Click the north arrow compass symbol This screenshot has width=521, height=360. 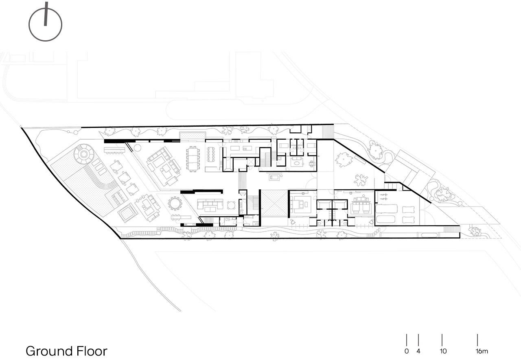click(45, 24)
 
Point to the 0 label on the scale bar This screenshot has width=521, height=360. click(407, 351)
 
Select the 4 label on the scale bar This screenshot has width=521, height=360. click(418, 351)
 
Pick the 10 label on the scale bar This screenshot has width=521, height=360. click(443, 351)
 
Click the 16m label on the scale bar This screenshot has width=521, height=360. click(482, 351)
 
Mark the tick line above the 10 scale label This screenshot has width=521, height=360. click(442, 340)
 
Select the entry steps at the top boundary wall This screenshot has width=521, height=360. click(328, 132)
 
